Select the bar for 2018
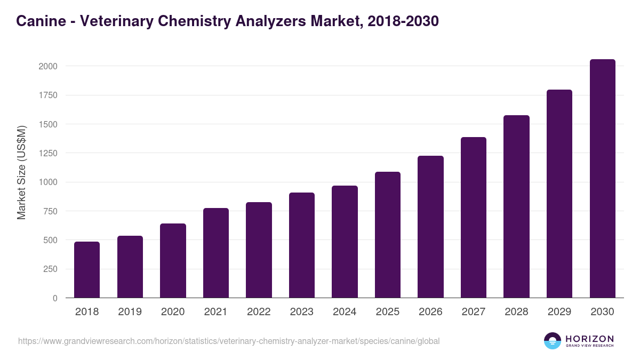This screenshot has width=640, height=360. click(x=87, y=270)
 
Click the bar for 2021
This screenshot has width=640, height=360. click(x=216, y=253)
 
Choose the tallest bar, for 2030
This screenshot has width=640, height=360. click(x=602, y=179)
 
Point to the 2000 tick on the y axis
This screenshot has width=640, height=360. click(x=48, y=66)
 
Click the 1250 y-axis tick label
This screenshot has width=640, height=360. click(x=48, y=153)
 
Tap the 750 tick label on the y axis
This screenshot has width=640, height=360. click(x=50, y=211)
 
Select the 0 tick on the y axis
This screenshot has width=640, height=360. click(x=55, y=298)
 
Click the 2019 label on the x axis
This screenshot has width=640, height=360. click(x=130, y=312)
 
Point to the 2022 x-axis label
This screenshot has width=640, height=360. click(x=259, y=312)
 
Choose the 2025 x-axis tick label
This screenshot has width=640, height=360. click(x=388, y=312)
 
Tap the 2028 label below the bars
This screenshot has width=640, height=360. click(x=516, y=312)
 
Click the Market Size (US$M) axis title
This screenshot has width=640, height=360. click(x=21, y=173)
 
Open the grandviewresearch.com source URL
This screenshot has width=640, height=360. click(x=229, y=341)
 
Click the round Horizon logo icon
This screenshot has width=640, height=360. click(x=553, y=341)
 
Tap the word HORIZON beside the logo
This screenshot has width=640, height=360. click(x=589, y=339)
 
